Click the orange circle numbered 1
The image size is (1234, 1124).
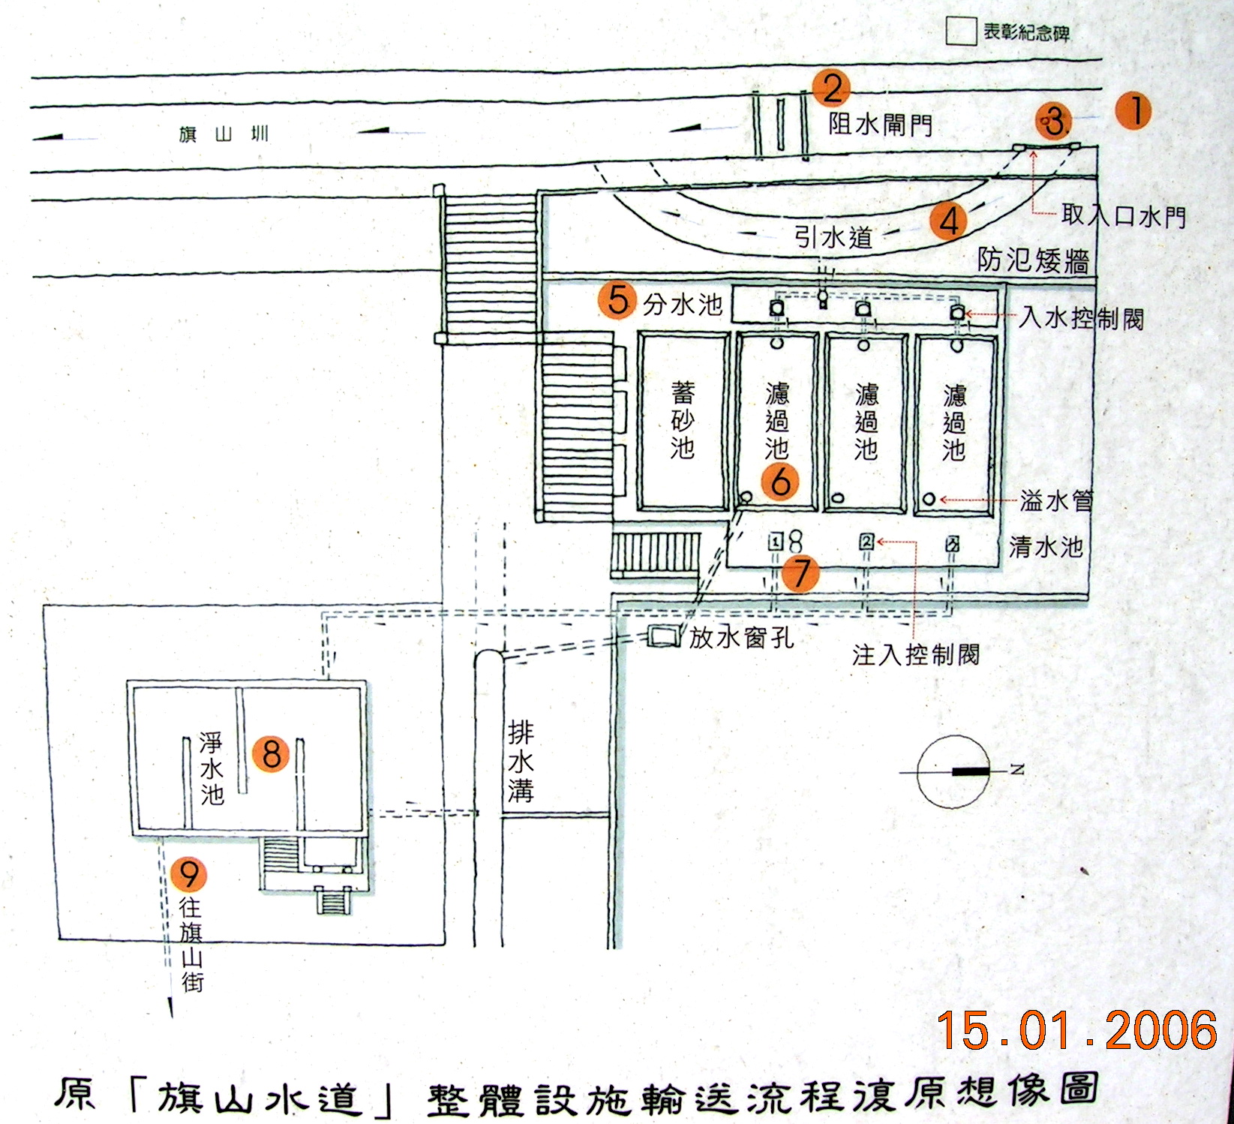click(1133, 111)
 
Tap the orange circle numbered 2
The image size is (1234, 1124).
click(832, 89)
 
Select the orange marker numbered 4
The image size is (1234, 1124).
click(948, 221)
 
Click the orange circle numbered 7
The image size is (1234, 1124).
click(801, 574)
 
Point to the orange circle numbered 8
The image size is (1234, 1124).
click(272, 753)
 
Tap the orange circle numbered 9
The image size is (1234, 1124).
click(188, 874)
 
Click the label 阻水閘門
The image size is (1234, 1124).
click(880, 125)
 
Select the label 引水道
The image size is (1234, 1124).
click(833, 238)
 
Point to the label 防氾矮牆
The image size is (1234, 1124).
click(1033, 260)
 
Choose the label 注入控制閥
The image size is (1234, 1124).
click(915, 655)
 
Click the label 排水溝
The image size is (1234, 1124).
click(521, 762)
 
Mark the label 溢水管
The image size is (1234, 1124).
click(1056, 500)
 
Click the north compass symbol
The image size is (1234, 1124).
click(953, 771)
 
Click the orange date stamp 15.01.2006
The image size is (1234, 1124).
click(1076, 1030)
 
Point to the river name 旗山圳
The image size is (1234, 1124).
click(224, 135)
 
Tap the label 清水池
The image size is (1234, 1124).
click(1046, 547)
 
